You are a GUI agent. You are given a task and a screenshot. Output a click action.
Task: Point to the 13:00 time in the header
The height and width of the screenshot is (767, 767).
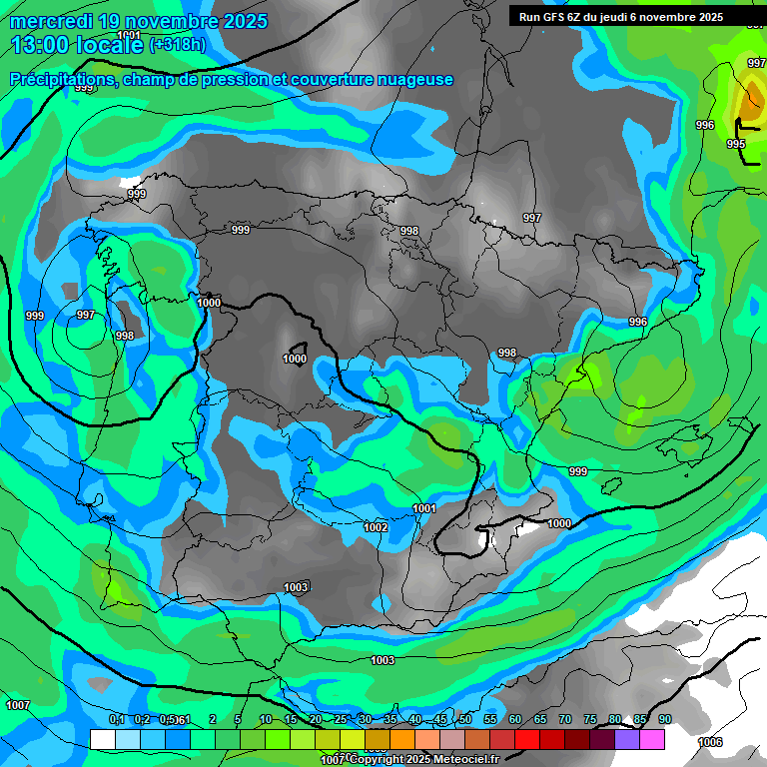(x=39, y=45)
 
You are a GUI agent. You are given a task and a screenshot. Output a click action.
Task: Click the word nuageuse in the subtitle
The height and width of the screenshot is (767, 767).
(x=415, y=80)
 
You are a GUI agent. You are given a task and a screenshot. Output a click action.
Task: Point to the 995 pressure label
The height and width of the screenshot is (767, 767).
(x=736, y=145)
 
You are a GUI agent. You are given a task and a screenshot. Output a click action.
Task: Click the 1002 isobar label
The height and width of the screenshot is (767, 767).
(x=376, y=527)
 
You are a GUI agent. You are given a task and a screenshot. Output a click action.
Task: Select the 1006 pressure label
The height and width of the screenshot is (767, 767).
(x=710, y=742)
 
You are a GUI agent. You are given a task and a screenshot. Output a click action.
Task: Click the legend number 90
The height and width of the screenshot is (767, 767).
(x=665, y=719)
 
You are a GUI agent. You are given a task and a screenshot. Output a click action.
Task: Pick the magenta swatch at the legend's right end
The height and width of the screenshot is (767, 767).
(x=653, y=739)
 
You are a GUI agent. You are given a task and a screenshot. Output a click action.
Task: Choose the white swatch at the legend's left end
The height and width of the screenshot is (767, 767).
(x=102, y=739)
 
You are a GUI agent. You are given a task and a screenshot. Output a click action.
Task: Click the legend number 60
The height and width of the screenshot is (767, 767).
(x=515, y=719)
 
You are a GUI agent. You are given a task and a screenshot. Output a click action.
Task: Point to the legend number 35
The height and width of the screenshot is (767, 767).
(x=390, y=719)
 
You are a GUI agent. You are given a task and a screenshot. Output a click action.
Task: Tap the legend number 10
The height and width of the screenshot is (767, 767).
(x=266, y=719)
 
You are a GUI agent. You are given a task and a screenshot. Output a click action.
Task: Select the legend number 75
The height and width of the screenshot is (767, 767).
(x=590, y=719)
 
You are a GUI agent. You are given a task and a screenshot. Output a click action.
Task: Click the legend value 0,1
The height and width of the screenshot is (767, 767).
(x=116, y=719)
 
